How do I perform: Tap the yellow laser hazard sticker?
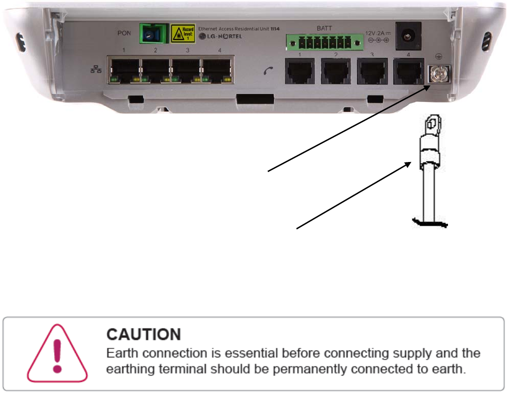coord(182,33)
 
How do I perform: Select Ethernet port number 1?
coord(124,70)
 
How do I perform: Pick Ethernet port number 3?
coord(186,70)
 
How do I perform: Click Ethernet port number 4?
coord(217,70)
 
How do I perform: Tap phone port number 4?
coord(408,72)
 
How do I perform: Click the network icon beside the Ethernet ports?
coord(96,71)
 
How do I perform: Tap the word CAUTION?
coord(143,334)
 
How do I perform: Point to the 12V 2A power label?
coord(377,33)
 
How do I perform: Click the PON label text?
coord(123,33)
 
